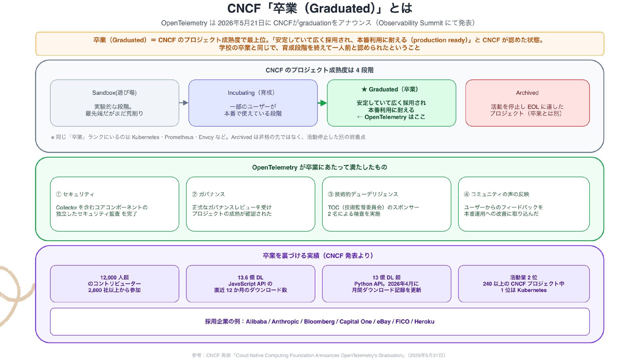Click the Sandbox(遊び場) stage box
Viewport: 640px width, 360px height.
pos(114,103)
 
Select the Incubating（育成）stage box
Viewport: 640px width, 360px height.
pos(253,103)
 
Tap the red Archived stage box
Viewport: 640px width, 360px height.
pos(527,103)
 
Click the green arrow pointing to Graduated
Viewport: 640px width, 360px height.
pos(322,103)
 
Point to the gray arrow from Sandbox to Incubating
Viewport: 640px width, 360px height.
pos(184,103)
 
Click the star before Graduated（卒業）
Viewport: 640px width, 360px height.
pos(364,89)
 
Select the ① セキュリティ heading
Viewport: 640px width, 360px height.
pos(75,194)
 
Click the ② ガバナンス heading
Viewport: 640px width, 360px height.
pos(208,194)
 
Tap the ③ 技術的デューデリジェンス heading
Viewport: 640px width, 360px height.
pos(363,194)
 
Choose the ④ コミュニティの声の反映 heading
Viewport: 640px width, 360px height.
pos(497,194)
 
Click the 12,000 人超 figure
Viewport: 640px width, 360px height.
pos(114,277)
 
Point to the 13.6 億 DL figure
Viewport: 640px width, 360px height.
pos(250,277)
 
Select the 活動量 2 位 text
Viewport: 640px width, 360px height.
pos(524,277)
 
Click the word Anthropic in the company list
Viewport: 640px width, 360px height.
pos(285,322)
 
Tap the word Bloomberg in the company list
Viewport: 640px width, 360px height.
pos(319,322)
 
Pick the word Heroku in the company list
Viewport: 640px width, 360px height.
pos(424,322)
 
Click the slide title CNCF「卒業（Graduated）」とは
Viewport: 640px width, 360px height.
pos(320,8)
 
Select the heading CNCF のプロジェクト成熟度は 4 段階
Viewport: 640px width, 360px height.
pos(320,70)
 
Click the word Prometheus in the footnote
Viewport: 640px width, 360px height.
pos(179,137)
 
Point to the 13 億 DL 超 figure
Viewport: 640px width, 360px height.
pos(387,277)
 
